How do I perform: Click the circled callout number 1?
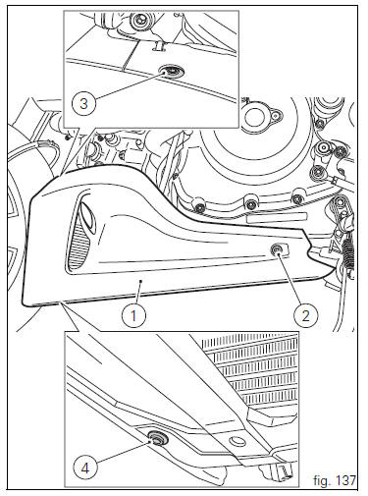pos(133,316)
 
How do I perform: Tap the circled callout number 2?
pos(305,316)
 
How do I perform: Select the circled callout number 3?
pos(83,104)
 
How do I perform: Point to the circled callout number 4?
pos(85,468)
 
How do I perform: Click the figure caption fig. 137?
pos(334,480)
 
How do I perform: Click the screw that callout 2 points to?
pos(277,250)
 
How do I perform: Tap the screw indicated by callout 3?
pos(172,71)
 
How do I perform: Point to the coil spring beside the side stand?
pos(348,252)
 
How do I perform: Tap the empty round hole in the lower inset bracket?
pos(237,441)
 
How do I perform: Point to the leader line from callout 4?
pos(123,452)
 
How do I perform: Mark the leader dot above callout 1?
pos(140,281)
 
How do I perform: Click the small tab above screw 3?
pos(159,45)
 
